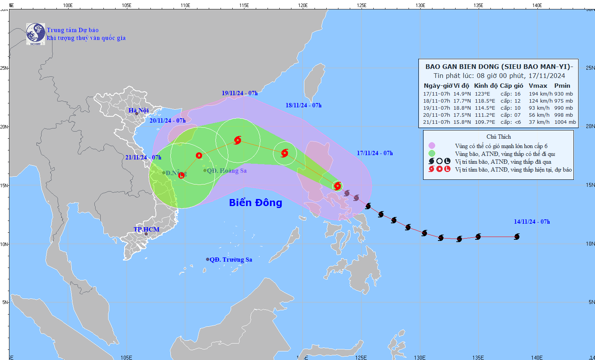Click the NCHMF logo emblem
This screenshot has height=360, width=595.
click(35, 34)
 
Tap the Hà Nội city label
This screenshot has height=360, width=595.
click(139, 110)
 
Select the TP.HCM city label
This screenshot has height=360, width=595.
click(146, 230)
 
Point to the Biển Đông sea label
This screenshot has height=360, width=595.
click(255, 203)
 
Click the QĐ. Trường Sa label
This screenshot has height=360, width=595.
click(231, 260)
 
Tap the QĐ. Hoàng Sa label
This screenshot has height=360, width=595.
click(227, 171)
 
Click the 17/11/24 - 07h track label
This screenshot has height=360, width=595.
click(374, 153)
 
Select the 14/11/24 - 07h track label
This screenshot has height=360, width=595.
click(532, 222)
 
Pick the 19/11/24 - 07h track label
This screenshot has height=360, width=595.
click(239, 93)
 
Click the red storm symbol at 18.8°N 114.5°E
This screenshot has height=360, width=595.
click(238, 140)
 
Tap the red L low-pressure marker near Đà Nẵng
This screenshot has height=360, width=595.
click(181, 175)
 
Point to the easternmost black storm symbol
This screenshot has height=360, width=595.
click(517, 237)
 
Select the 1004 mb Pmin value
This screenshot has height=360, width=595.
click(565, 122)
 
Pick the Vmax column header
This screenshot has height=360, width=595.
click(538, 86)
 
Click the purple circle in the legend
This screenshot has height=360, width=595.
click(432, 146)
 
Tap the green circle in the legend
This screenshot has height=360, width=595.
click(432, 154)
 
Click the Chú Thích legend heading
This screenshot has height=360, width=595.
click(499, 137)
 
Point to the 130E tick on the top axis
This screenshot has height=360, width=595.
click(420, 5)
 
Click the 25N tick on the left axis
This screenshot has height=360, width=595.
click(4, 68)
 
